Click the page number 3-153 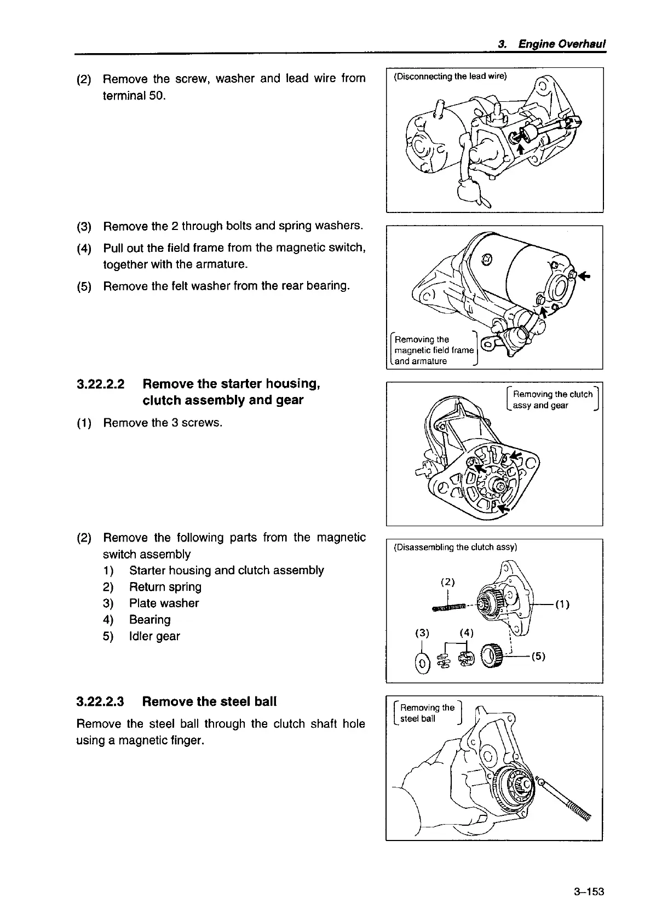(x=589, y=892)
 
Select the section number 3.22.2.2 (x=101, y=384)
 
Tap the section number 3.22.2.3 (x=101, y=702)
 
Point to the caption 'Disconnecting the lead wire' (x=450, y=76)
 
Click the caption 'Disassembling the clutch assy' (x=455, y=547)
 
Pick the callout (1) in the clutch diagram (x=562, y=605)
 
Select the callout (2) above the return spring (x=448, y=581)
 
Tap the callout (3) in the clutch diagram (x=422, y=634)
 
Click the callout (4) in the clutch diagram (x=466, y=634)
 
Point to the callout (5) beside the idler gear (x=538, y=656)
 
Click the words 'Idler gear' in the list (x=154, y=636)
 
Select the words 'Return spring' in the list (x=165, y=587)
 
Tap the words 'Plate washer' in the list (x=164, y=603)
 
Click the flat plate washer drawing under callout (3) (x=422, y=663)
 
